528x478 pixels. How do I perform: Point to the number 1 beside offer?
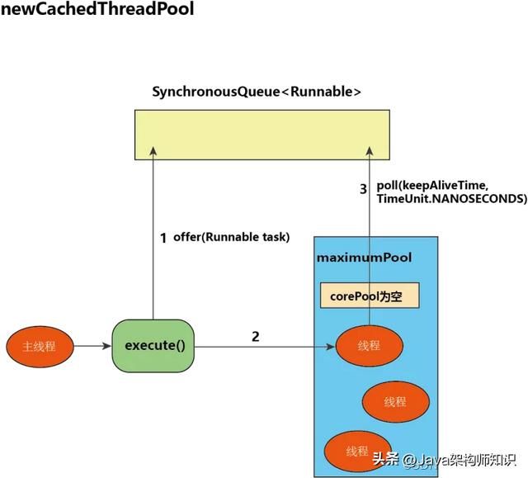[x=163, y=238]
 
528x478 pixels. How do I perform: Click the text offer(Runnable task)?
[x=231, y=238]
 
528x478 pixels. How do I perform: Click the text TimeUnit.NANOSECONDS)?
[x=451, y=199]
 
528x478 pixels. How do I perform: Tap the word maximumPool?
[x=364, y=258]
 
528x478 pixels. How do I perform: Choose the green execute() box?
[x=153, y=345]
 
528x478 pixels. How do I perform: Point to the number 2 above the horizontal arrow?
[x=255, y=337]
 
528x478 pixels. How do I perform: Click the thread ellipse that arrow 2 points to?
[x=369, y=346]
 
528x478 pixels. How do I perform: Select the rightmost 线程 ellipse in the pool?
[x=395, y=402]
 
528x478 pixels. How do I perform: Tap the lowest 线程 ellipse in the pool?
[x=356, y=451]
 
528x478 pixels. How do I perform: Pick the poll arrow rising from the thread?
[x=369, y=239]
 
